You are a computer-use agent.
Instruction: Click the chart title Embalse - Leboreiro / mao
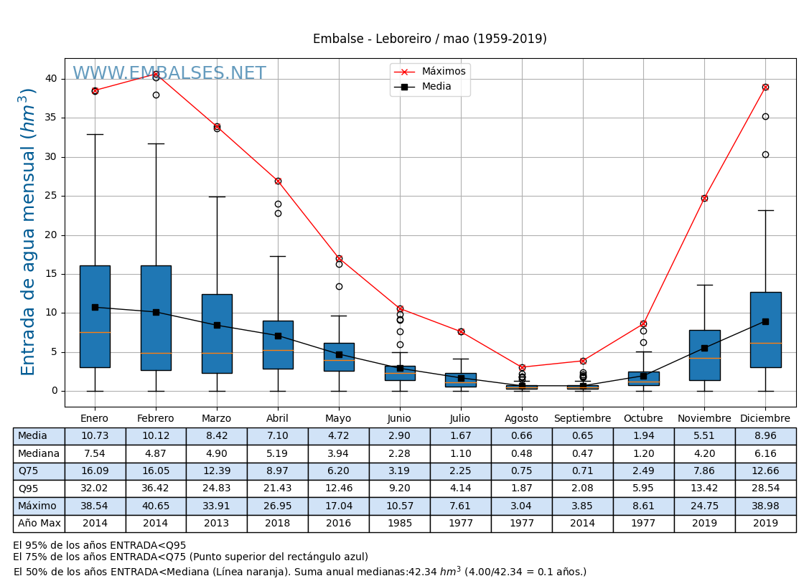click(x=429, y=39)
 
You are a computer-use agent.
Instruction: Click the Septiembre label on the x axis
click(x=582, y=419)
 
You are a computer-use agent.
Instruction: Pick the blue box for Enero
click(x=95, y=316)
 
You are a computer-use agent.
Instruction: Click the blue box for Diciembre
click(x=765, y=330)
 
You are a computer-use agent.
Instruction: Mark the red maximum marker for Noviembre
click(x=704, y=198)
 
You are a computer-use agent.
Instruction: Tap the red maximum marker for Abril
click(x=278, y=181)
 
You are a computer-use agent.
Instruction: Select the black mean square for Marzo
click(x=217, y=325)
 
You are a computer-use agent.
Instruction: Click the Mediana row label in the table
click(x=39, y=454)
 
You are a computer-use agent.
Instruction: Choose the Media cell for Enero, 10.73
click(x=95, y=436)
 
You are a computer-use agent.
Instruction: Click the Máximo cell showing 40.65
click(x=156, y=506)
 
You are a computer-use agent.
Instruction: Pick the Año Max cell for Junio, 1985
click(x=399, y=524)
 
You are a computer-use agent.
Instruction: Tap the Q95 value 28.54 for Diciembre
click(x=765, y=488)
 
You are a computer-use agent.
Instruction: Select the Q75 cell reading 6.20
click(x=338, y=471)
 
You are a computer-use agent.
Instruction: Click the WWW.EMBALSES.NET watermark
click(x=169, y=74)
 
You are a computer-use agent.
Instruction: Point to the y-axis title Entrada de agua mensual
click(x=28, y=232)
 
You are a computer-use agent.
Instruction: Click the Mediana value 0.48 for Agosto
click(x=521, y=454)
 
